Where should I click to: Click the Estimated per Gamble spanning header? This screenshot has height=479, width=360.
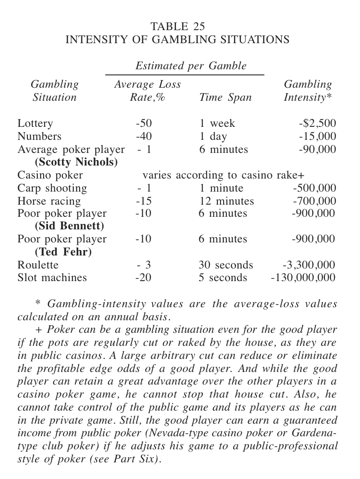tap(191, 66)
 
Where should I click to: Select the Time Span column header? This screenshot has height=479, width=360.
tap(225, 97)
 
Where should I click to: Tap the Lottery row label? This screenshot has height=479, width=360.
tap(35, 123)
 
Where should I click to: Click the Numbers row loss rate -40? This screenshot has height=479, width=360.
tap(144, 136)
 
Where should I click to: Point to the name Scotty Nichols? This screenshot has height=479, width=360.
tap(76, 162)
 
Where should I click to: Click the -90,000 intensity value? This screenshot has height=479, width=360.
tap(317, 149)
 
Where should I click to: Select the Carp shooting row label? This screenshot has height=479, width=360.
tap(52, 188)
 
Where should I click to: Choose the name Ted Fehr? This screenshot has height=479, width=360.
tap(63, 252)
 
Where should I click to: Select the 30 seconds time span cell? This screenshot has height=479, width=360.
tap(225, 265)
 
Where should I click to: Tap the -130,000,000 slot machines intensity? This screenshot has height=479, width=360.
tap(303, 278)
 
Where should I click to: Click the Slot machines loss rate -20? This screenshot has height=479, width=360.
tap(144, 278)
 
